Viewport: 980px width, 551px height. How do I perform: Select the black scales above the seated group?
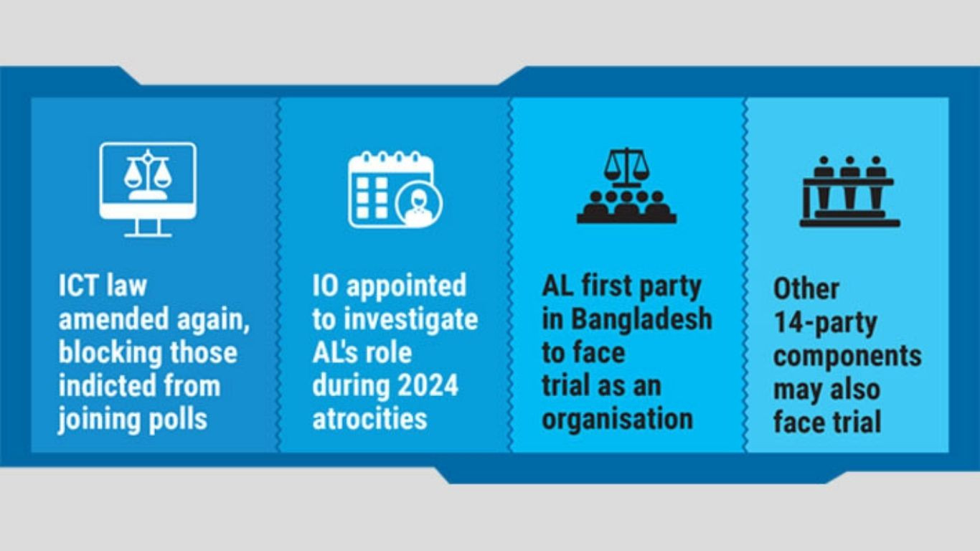[626, 166]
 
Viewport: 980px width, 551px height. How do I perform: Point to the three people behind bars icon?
[850, 192]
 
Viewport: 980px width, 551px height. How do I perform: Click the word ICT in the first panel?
[77, 285]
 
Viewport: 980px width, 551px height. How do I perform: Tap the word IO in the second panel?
[324, 285]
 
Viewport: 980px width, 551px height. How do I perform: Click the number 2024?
[427, 385]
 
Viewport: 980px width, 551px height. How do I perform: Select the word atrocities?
[369, 419]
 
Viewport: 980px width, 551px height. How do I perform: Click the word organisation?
[617, 419]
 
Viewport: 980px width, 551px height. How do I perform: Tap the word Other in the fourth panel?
[806, 288]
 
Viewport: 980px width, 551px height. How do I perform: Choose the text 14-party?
[824, 322]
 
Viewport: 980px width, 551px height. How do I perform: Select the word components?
[847, 356]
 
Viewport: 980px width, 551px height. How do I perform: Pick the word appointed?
[407, 285]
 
